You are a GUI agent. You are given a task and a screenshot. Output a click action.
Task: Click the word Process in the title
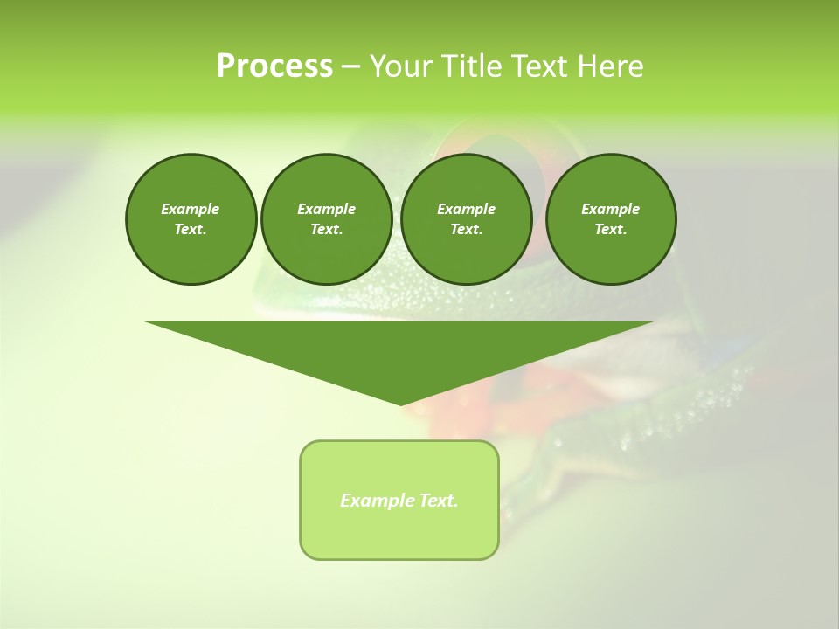(x=274, y=66)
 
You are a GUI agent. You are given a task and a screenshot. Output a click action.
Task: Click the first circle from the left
(x=191, y=219)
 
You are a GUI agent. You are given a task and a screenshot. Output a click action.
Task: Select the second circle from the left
(x=327, y=219)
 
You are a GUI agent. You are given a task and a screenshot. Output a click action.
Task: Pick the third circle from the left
(x=467, y=219)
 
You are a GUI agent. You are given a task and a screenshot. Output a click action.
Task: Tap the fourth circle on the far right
(x=611, y=219)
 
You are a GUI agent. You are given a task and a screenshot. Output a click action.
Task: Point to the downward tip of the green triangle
(x=400, y=404)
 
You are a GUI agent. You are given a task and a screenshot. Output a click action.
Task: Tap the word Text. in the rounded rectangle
(x=438, y=501)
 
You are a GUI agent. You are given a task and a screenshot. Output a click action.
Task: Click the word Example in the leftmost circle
(x=191, y=210)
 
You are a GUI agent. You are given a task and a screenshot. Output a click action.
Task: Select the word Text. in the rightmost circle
(x=611, y=230)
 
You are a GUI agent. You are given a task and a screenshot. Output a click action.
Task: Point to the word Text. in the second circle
(x=327, y=230)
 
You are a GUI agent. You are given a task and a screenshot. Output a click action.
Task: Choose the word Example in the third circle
(x=467, y=210)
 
